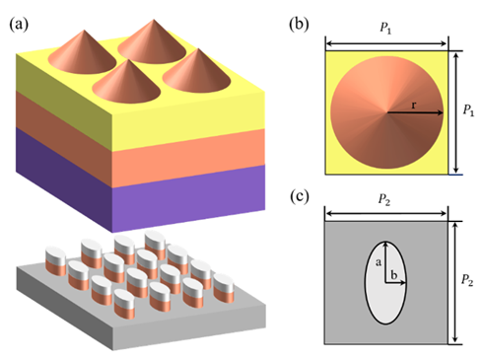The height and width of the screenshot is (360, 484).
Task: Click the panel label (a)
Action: pyautogui.click(x=19, y=25)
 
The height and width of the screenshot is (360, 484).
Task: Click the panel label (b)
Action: pyautogui.click(x=299, y=24)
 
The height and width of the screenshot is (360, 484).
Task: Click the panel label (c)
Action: pyautogui.click(x=300, y=196)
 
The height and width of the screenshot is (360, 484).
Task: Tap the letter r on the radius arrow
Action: pyautogui.click(x=414, y=106)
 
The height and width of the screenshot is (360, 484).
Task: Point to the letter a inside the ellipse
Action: pyautogui.click(x=379, y=262)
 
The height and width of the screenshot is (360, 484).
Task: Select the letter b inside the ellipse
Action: pyautogui.click(x=393, y=274)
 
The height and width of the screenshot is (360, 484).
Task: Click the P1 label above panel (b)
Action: pyautogui.click(x=385, y=28)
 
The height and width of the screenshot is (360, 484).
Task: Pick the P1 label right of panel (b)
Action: pyautogui.click(x=468, y=109)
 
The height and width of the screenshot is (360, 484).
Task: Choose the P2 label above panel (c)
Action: pyautogui.click(x=384, y=199)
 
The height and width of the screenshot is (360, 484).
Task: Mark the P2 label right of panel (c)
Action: pyautogui.click(x=467, y=280)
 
